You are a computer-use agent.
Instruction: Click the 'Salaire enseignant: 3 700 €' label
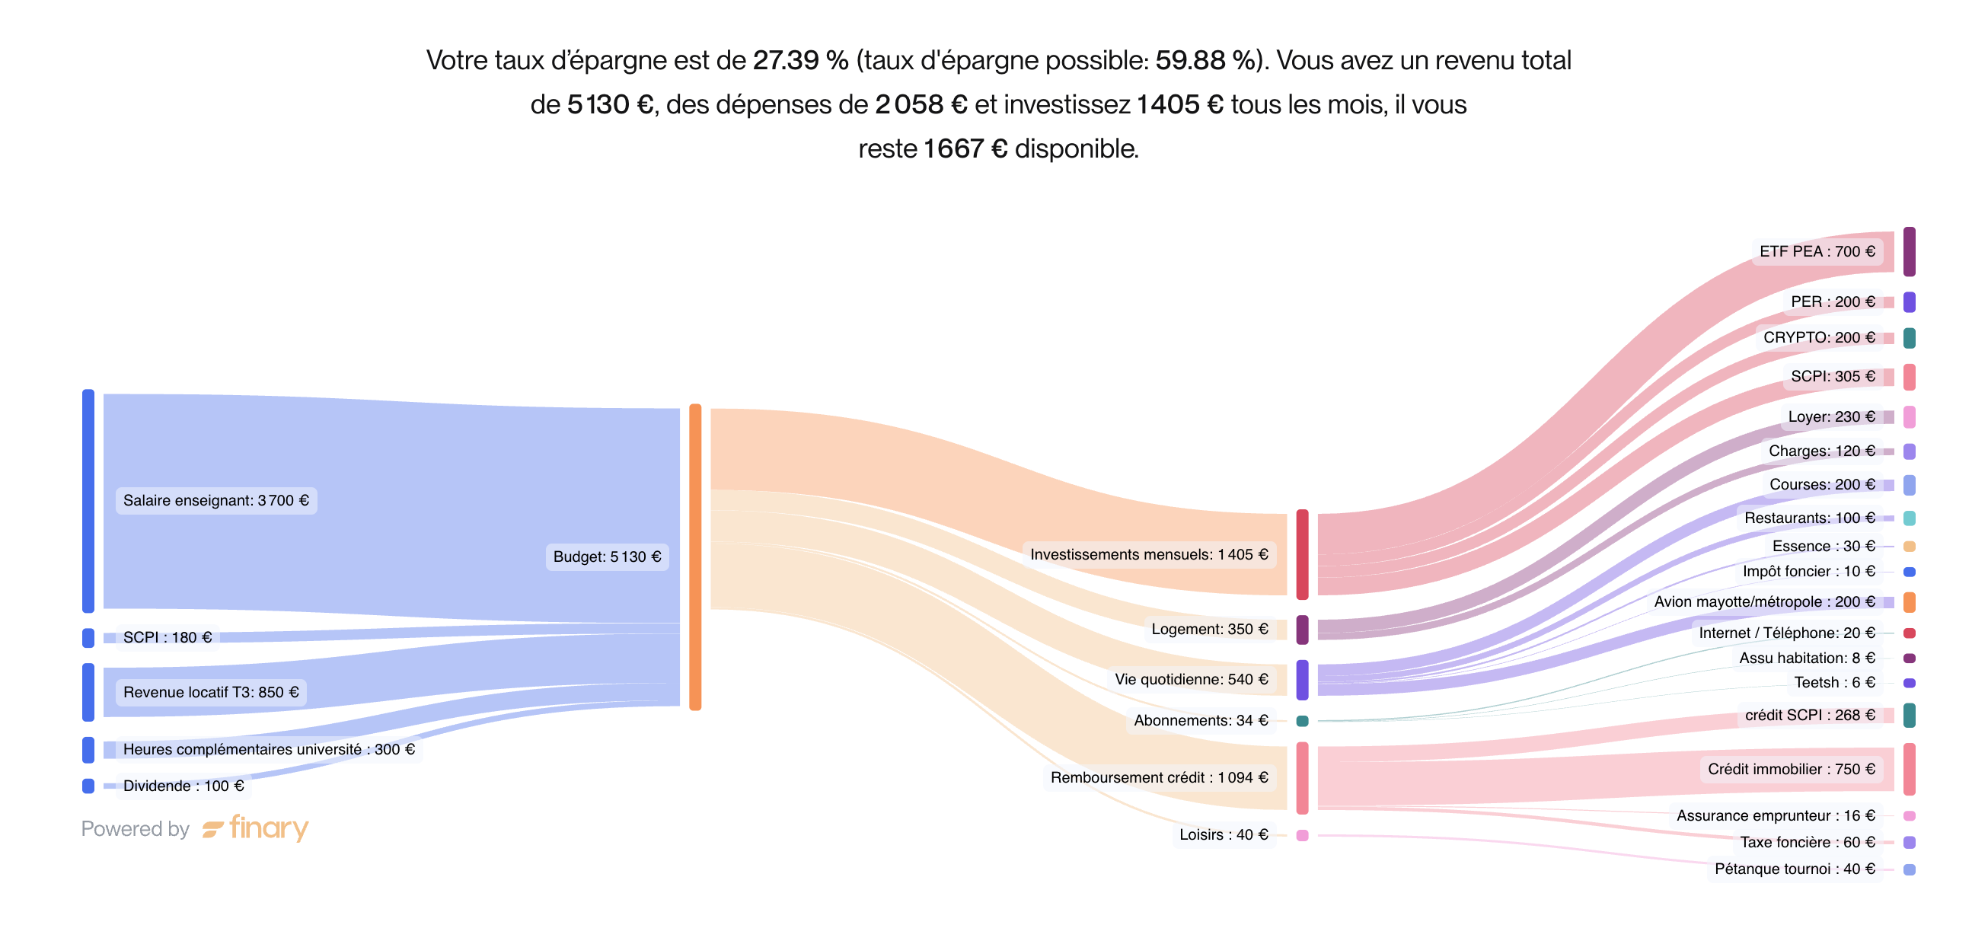coord(216,501)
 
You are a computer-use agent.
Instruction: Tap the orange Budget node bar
coord(695,557)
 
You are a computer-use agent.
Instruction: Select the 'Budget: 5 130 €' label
coord(607,557)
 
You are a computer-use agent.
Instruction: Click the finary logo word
coord(268,828)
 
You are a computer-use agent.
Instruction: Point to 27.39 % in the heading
coord(800,60)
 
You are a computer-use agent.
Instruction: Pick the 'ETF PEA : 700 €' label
coord(1817,251)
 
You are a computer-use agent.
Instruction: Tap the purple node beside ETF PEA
coord(1910,251)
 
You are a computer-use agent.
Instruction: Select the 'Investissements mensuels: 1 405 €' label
coord(1148,554)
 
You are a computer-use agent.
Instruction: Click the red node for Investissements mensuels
coord(1302,554)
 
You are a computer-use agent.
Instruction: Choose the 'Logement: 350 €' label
coord(1209,630)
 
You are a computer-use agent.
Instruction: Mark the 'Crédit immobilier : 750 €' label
coord(1791,769)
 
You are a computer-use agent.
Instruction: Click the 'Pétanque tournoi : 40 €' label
coord(1794,869)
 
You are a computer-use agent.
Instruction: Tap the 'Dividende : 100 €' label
coord(183,786)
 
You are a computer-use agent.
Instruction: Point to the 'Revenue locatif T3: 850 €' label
coord(210,692)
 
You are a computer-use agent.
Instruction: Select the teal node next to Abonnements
coord(1302,720)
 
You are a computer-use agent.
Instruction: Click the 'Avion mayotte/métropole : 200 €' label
coord(1764,601)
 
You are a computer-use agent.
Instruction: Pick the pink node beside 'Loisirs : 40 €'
coord(1302,835)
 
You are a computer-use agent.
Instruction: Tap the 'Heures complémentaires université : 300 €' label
coord(269,749)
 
